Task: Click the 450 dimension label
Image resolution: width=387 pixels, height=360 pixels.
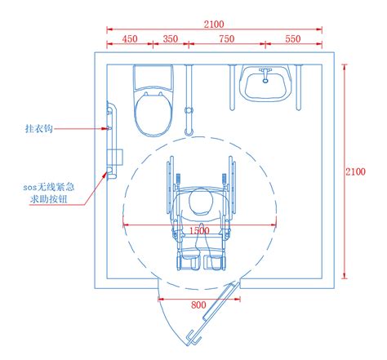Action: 130,39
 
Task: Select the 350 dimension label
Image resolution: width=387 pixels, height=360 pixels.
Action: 171,39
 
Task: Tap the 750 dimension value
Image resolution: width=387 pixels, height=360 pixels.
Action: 227,39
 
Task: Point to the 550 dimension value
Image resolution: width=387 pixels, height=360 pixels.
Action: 293,39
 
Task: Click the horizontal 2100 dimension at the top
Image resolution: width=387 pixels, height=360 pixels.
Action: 214,24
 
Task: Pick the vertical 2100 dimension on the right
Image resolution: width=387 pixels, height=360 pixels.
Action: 355,171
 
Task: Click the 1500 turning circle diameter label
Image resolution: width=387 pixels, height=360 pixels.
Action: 199,231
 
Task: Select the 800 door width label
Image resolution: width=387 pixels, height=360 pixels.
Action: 198,304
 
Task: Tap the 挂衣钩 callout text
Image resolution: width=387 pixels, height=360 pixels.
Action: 38,128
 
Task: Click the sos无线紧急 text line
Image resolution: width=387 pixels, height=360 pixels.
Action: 49,187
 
